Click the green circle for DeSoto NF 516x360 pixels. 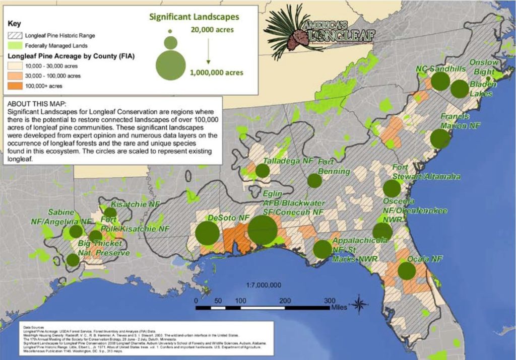click(207, 233)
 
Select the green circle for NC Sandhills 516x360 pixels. click(440, 81)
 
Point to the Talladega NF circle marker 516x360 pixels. click(262, 170)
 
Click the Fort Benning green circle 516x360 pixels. click(314, 180)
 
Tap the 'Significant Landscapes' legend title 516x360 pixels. click(193, 17)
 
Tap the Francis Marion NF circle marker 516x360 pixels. click(440, 138)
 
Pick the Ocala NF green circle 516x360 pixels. click(406, 270)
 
